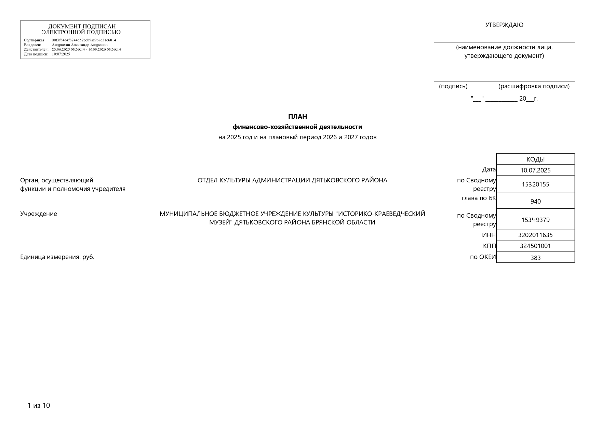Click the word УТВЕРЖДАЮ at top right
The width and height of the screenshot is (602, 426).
click(504, 25)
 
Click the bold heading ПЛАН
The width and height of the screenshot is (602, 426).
click(297, 117)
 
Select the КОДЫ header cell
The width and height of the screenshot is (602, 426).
click(535, 159)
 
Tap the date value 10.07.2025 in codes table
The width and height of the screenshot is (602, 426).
click(535, 170)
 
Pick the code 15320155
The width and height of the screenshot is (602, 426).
click(535, 184)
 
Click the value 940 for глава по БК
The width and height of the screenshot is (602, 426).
click(535, 202)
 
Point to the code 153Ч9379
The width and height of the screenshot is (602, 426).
click(535, 220)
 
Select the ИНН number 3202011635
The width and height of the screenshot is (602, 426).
click(535, 235)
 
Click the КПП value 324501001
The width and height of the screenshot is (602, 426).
click(535, 246)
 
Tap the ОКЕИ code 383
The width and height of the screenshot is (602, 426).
click(535, 258)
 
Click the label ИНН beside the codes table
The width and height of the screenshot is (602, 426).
click(489, 235)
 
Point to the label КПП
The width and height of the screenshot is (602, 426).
click(489, 246)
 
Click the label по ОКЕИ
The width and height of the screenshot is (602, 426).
click(483, 257)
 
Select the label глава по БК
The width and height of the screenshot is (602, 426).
click(479, 198)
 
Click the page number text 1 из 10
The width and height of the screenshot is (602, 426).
click(39, 405)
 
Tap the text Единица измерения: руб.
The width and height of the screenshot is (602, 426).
click(57, 257)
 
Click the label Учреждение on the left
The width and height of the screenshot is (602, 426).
click(39, 214)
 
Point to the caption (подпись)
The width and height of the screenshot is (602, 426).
click(453, 86)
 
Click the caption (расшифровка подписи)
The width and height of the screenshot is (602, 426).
click(534, 86)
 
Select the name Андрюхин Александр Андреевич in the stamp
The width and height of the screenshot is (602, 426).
click(80, 45)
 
